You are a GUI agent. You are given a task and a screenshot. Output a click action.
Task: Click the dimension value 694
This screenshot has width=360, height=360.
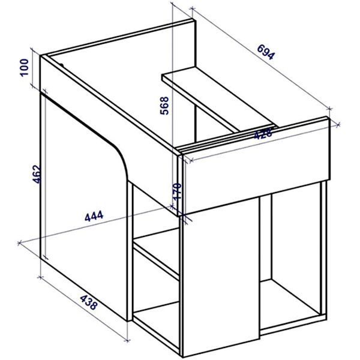point(266,52)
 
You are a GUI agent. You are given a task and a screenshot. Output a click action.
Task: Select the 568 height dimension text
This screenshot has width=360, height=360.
point(164,106)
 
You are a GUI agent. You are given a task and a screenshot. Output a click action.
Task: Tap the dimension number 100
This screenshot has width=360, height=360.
point(24,67)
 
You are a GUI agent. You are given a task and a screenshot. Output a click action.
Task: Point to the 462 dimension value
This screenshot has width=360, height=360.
point(37,174)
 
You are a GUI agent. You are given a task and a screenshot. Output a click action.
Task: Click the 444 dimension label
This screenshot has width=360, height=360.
point(94,216)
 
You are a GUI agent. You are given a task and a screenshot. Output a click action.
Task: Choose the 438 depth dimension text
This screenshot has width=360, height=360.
point(88,302)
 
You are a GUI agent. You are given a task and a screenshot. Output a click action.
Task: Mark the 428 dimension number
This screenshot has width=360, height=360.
point(263,134)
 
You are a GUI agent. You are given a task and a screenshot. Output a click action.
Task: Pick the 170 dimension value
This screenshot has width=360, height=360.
point(177,192)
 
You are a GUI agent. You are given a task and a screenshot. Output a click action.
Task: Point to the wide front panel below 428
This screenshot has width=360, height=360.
point(257,166)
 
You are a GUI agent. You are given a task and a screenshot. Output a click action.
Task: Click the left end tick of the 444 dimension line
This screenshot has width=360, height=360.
point(19,242)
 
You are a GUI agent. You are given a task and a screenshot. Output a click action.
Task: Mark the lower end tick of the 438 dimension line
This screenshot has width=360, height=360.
point(127,340)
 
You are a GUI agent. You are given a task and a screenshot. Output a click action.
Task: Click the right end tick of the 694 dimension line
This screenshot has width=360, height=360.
point(329,109)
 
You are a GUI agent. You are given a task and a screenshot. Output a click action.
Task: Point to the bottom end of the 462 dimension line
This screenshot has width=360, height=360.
point(45,257)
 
